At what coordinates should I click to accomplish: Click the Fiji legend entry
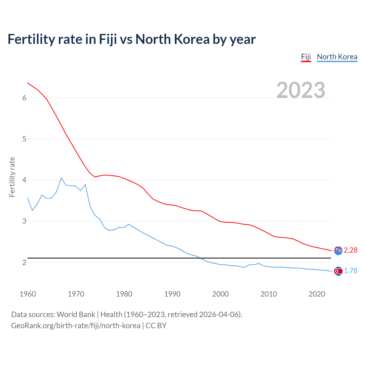[306, 57]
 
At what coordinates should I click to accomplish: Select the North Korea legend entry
[337, 57]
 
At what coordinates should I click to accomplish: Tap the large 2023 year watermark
[301, 90]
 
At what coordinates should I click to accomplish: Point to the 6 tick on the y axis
[24, 98]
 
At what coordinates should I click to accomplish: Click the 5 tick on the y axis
[24, 139]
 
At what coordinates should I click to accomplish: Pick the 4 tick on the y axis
[24, 180]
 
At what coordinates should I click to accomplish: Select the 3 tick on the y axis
[24, 221]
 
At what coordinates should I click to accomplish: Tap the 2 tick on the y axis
[24, 262]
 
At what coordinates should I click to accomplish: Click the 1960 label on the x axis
[28, 294]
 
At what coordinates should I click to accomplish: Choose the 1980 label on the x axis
[124, 294]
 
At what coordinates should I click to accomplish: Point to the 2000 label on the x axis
[220, 294]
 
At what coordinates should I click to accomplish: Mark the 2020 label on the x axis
[317, 294]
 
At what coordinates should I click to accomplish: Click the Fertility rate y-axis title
[12, 177]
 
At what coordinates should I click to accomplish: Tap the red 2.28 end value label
[350, 250]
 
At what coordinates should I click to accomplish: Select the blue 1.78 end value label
[350, 271]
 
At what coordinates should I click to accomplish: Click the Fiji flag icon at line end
[338, 251]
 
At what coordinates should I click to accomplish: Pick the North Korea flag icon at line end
[338, 271]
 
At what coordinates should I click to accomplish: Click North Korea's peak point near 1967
[61, 178]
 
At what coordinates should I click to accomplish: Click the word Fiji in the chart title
[108, 39]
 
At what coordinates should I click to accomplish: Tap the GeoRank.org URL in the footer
[76, 325]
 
